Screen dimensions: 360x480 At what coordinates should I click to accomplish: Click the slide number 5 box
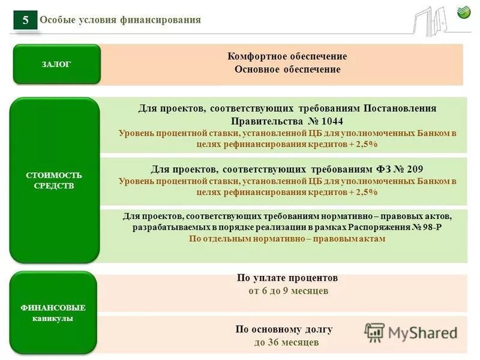[25, 20]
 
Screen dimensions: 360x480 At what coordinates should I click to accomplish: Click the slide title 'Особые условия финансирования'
[120, 20]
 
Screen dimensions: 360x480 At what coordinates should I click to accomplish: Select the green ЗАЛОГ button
[56, 64]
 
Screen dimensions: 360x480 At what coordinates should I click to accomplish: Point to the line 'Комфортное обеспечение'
[287, 56]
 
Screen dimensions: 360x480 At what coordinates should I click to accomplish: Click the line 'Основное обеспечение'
[287, 70]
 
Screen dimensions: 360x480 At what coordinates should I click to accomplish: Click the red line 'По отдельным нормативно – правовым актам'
[287, 239]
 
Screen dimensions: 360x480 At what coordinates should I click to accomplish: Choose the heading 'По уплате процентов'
[287, 278]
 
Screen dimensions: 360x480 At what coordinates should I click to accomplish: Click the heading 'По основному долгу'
[284, 329]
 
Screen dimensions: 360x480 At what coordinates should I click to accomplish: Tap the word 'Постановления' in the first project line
[400, 108]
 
